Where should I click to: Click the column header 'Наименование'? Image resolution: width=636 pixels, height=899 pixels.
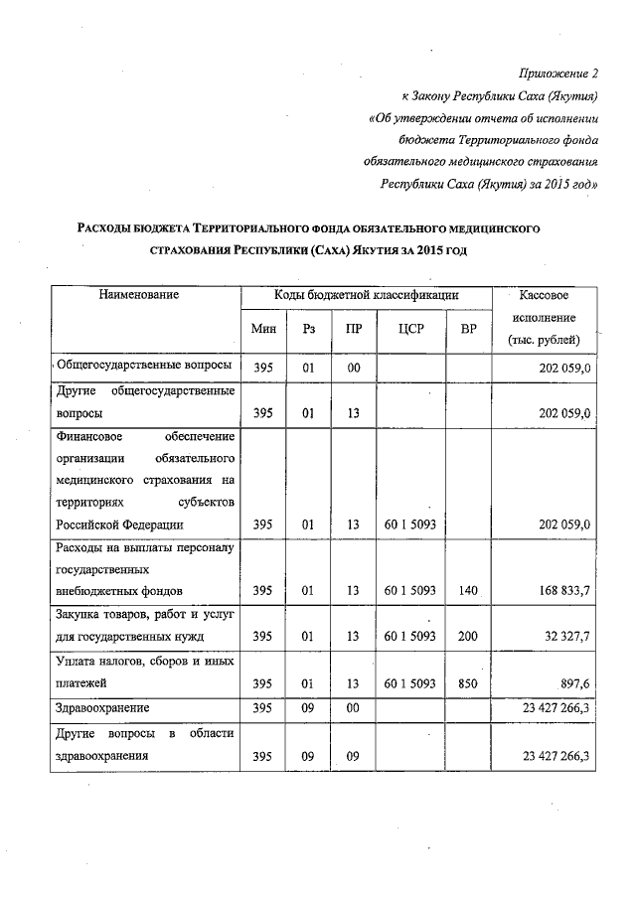click(x=144, y=295)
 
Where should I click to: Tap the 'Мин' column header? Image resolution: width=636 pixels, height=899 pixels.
click(x=262, y=329)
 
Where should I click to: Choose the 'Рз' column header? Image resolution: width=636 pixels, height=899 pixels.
click(x=308, y=329)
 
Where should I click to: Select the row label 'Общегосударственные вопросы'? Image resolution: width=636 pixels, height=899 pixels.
click(x=145, y=367)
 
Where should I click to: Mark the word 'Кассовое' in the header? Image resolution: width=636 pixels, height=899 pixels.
click(x=544, y=295)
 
